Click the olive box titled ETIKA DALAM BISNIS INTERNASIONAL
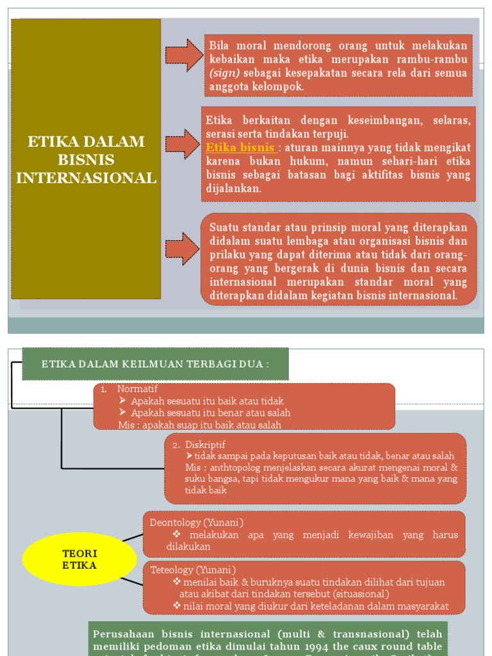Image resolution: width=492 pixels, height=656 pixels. pyautogui.click(x=86, y=159)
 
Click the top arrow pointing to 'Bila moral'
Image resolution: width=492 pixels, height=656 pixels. pyautogui.click(x=184, y=55)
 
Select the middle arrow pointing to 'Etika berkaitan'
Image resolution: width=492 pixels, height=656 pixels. pyautogui.click(x=183, y=144)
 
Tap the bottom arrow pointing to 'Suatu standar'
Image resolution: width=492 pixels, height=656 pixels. pyautogui.click(x=183, y=249)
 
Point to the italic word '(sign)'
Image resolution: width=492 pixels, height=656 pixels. pyautogui.click(x=224, y=73)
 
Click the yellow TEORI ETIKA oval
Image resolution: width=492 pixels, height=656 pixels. pyautogui.click(x=79, y=559)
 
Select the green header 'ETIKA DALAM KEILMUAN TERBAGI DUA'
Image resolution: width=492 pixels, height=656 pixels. pyautogui.click(x=155, y=364)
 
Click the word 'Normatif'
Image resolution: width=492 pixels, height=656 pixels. pyautogui.click(x=137, y=389)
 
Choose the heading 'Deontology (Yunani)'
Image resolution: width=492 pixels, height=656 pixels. pyautogui.click(x=197, y=522)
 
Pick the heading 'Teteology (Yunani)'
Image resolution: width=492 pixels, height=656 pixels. pyautogui.click(x=193, y=570)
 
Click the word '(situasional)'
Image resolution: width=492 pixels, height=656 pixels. pyautogui.click(x=359, y=594)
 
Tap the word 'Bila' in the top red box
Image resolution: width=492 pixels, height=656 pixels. pyautogui.click(x=219, y=45)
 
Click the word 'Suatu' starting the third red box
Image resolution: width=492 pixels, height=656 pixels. pyautogui.click(x=224, y=228)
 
